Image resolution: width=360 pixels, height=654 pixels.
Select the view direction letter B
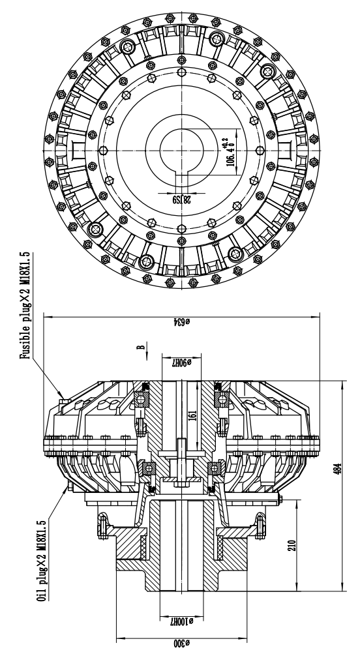[x=139, y=347]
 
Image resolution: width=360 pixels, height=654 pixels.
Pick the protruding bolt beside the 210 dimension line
[x=280, y=500]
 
